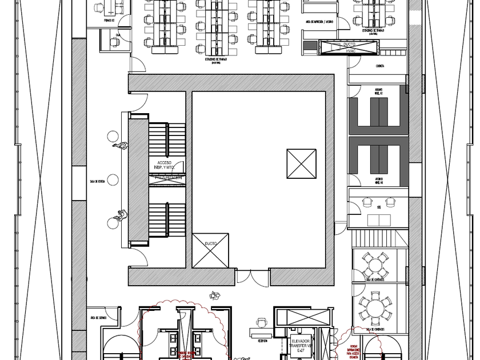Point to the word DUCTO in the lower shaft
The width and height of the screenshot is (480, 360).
pos(211,244)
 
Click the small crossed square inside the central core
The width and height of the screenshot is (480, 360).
pos(301,164)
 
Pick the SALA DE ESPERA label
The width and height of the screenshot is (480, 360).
pos(97,182)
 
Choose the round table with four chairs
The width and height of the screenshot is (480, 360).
pos(375,265)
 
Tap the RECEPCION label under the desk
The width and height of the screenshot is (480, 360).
pos(263,341)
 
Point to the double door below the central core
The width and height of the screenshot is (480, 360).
pos(253,278)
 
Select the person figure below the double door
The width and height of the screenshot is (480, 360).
pos(215,295)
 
